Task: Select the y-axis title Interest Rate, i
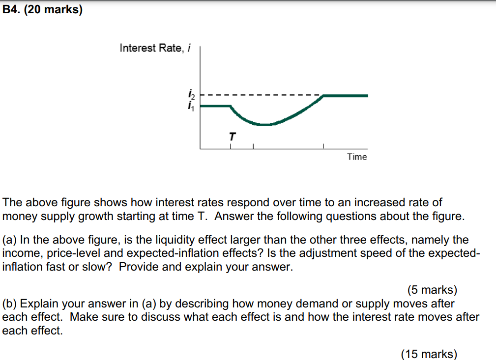click(155, 48)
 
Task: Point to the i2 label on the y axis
click(191, 93)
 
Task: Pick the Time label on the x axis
click(357, 157)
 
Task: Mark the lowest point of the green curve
click(264, 125)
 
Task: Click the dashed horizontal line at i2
click(261, 95)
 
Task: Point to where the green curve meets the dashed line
click(323, 96)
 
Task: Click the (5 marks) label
click(432, 291)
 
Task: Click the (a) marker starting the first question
click(10, 240)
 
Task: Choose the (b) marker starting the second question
click(10, 304)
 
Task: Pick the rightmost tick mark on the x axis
click(323, 146)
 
